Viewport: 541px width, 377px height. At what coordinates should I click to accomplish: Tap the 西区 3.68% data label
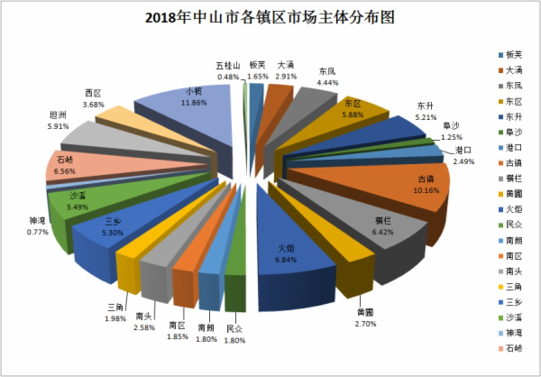coord(93,98)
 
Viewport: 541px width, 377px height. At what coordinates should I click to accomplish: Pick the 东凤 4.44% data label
coord(326,77)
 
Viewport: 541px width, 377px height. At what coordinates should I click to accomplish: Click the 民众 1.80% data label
coord(234,333)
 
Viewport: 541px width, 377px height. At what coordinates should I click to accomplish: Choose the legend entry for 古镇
coord(516,163)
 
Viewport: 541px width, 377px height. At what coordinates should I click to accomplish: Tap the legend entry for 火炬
coord(516,209)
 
